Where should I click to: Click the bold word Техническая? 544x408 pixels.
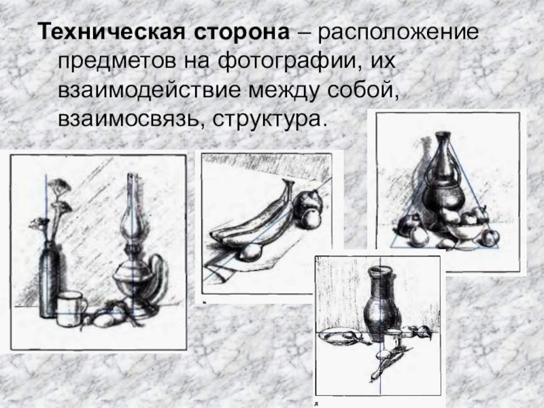[112, 32]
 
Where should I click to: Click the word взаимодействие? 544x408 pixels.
[149, 91]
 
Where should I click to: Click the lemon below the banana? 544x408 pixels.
[249, 252]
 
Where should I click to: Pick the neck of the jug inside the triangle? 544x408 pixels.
[442, 157]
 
